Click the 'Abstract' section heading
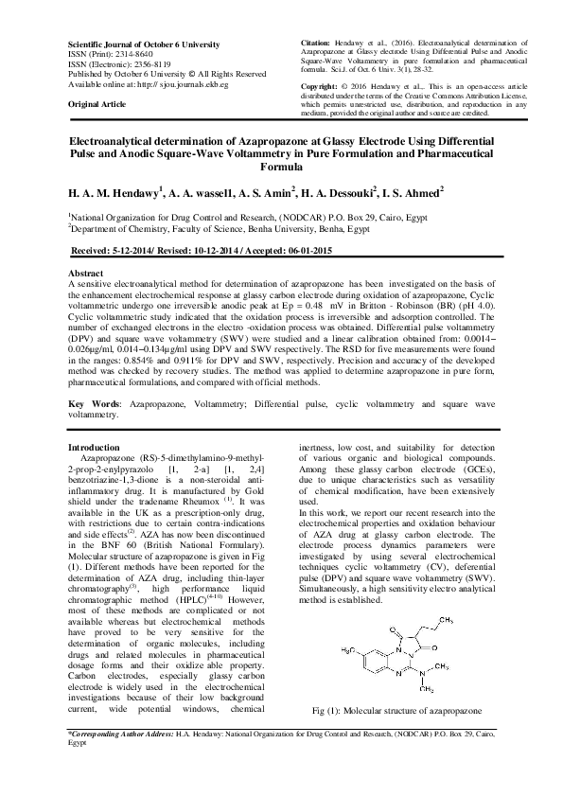coord(88,272)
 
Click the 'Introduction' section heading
coord(98,446)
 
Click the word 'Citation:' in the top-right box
coord(316,44)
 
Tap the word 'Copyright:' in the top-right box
coord(319,85)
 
